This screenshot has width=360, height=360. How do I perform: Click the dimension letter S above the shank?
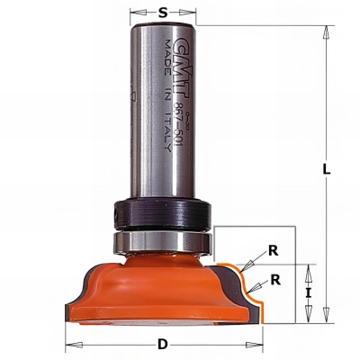pos(162,13)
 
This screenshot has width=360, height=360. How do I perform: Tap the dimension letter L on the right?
pos(328,168)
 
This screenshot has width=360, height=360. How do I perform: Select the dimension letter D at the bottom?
pos(162,344)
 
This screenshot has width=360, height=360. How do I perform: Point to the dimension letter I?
pos(309,292)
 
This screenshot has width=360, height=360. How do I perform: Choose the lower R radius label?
pos(276,279)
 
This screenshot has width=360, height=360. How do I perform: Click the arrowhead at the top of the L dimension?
pos(321,30)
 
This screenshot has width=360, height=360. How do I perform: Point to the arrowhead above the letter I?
pos(310,268)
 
